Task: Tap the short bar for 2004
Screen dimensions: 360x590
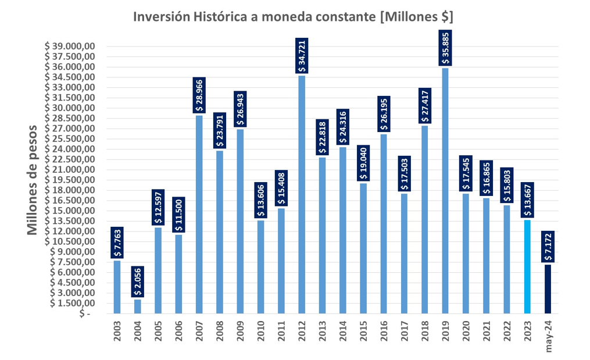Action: pos(137,306)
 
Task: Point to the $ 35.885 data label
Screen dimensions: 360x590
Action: pos(445,49)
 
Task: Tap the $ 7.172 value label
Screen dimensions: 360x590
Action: pos(548,247)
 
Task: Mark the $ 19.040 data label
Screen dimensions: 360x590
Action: pos(363,164)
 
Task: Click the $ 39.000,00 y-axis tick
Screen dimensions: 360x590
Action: pos(69,47)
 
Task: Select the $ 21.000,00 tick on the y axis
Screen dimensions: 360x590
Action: pos(69,170)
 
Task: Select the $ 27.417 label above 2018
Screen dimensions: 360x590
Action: pos(425,105)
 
